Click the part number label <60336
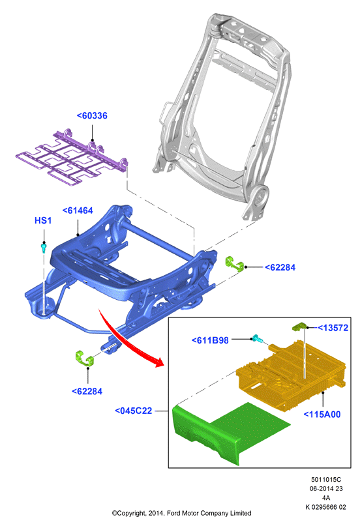(x=92, y=116)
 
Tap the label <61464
(x=78, y=211)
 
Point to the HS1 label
(x=43, y=220)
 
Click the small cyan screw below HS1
(x=44, y=248)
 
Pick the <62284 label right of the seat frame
(x=280, y=267)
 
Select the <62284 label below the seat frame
(x=87, y=391)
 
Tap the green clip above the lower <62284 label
(x=85, y=358)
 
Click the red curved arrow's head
(x=159, y=362)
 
